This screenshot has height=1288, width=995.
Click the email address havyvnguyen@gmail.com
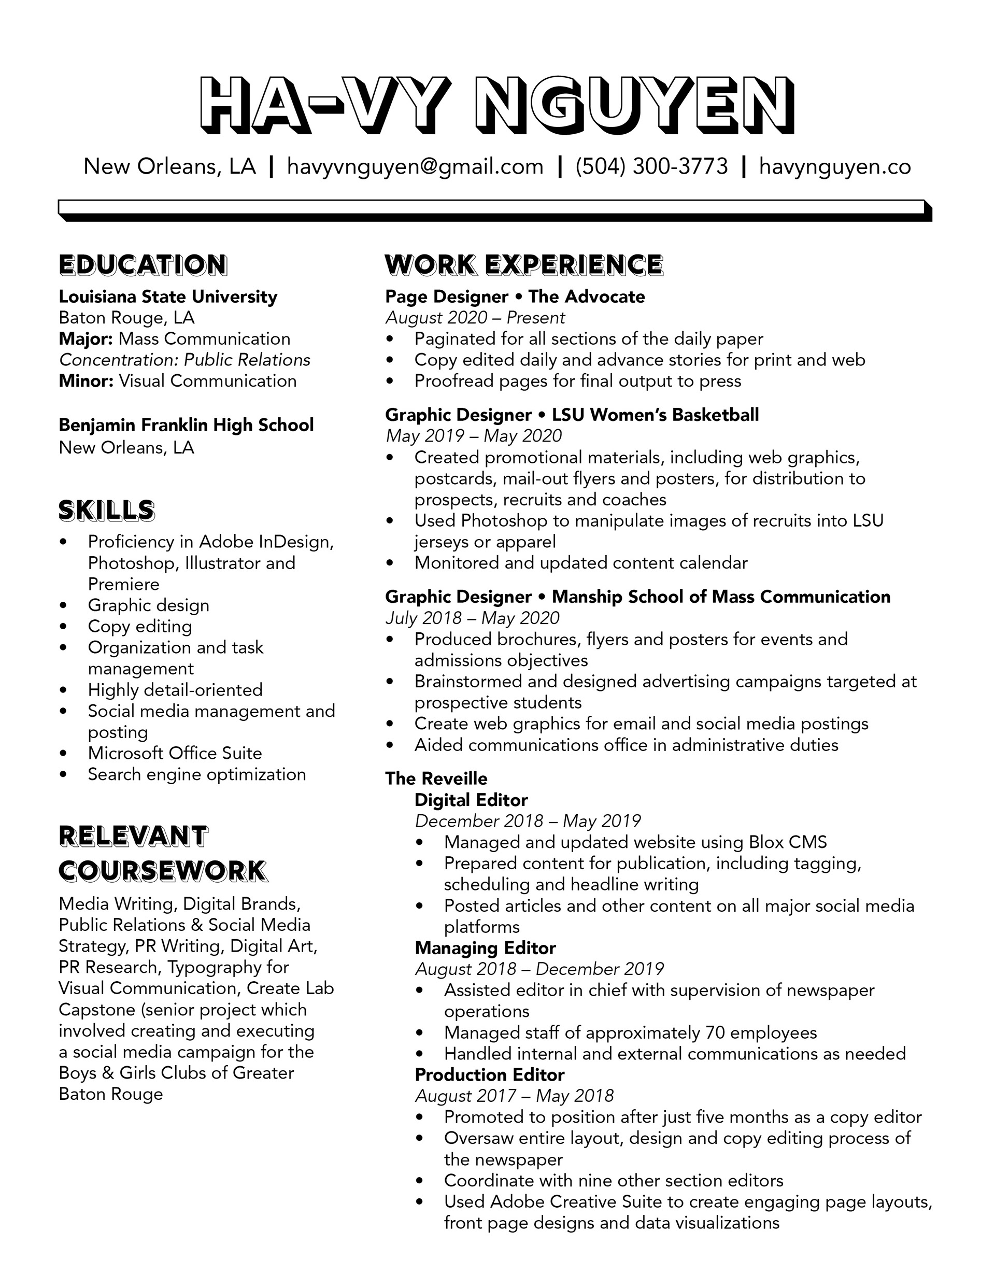point(415,167)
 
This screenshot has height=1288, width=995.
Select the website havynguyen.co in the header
point(834,167)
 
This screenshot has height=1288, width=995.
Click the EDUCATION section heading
point(143,265)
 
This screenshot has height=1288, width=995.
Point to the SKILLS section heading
point(107,511)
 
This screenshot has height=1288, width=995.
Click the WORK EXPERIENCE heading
point(524,265)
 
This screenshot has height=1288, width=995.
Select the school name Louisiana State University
point(168,296)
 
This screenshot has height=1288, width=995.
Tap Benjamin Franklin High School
point(187,425)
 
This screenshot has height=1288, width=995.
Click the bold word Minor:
point(86,381)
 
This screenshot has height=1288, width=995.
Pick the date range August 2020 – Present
point(475,318)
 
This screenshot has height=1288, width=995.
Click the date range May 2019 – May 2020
point(474,436)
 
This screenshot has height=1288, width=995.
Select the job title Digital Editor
point(471,800)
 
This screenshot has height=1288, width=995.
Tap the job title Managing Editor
point(486,949)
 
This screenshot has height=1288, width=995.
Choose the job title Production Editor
point(490,1075)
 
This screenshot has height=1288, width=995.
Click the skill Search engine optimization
point(197,775)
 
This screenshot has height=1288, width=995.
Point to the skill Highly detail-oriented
point(175,690)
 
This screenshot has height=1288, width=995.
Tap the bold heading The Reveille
point(436,779)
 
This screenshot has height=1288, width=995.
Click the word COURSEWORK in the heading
point(163,872)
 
